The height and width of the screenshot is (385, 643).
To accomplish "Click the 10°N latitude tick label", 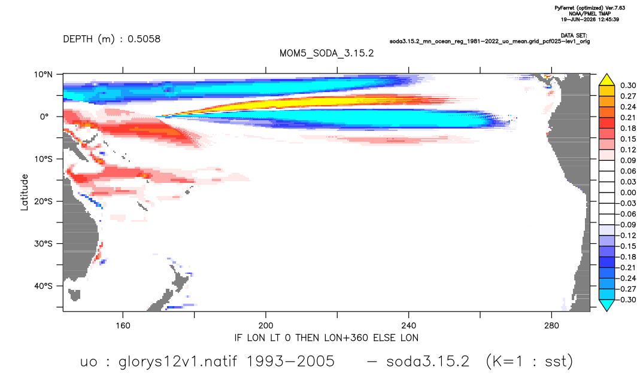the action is pyautogui.click(x=43, y=74).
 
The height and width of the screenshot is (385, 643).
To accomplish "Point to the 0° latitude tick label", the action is pyautogui.click(x=44, y=117).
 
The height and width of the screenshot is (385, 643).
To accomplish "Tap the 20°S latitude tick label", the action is pyautogui.click(x=43, y=201).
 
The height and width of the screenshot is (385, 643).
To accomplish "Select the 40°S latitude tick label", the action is pyautogui.click(x=43, y=286).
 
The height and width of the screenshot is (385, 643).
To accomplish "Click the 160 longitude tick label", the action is pyautogui.click(x=123, y=326).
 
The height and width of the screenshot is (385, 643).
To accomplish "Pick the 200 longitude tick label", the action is pyautogui.click(x=266, y=326).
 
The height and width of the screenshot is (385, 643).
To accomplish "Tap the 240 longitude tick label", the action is pyautogui.click(x=408, y=326).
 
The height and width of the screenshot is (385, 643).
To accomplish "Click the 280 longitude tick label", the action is pyautogui.click(x=551, y=326).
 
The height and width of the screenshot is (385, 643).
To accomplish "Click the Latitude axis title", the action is pyautogui.click(x=25, y=192).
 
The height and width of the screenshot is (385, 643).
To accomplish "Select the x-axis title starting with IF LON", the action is pyautogui.click(x=326, y=338).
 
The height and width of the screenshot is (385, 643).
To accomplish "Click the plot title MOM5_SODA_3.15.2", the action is pyautogui.click(x=326, y=53).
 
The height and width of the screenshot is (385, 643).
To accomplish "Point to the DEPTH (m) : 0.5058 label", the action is pyautogui.click(x=111, y=39).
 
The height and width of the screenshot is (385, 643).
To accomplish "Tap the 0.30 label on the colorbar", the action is pyautogui.click(x=628, y=85).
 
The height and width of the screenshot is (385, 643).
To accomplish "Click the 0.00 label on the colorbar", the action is pyautogui.click(x=628, y=192).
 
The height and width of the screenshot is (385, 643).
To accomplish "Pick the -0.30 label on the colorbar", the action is pyautogui.click(x=626, y=300).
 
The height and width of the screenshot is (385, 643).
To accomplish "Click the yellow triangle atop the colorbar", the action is pyautogui.click(x=606, y=80).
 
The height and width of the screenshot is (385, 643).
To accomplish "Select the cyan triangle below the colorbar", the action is pyautogui.click(x=606, y=305).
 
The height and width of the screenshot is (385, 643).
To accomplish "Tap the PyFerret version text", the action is pyautogui.click(x=590, y=8).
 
